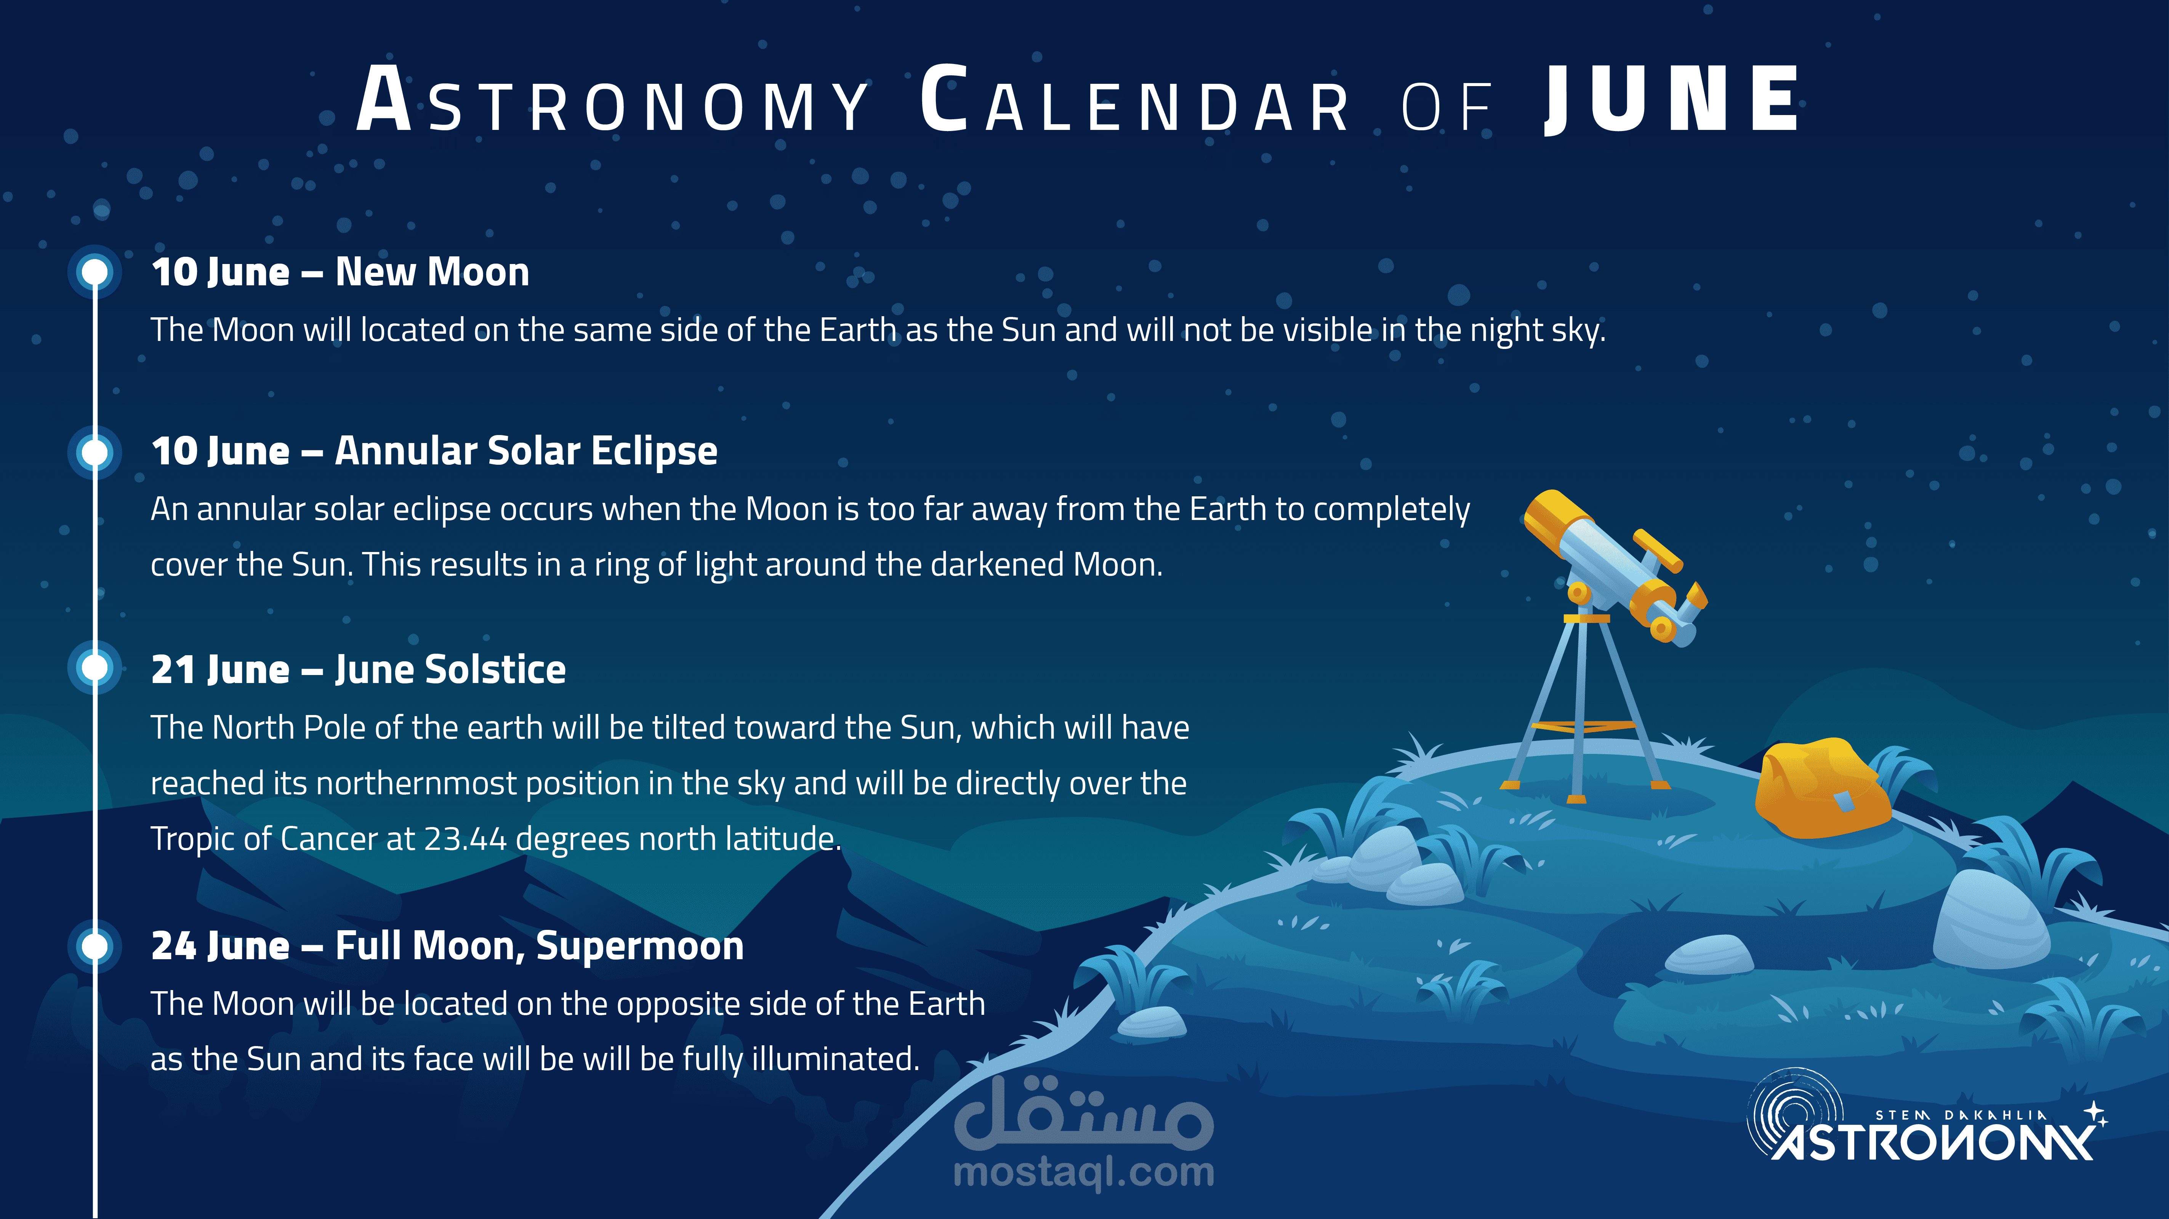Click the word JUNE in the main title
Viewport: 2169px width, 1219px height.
coord(1671,99)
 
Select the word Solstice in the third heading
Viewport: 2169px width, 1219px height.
coord(496,669)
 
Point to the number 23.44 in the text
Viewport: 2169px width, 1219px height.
coord(465,838)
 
